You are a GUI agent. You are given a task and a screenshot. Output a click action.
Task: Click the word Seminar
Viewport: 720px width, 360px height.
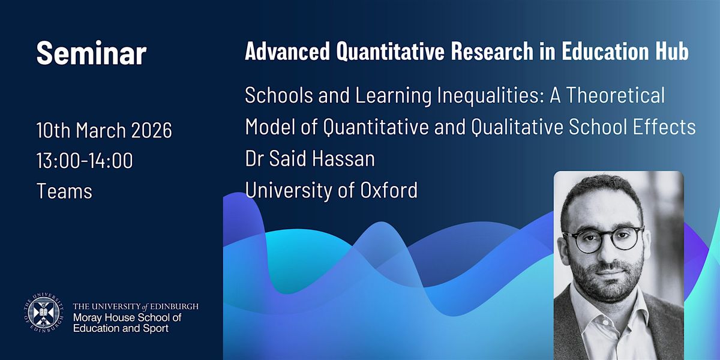click(92, 53)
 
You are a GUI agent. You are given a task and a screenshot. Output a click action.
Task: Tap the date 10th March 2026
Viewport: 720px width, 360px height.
click(104, 130)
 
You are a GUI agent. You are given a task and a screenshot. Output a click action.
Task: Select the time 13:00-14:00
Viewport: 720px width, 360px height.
click(85, 160)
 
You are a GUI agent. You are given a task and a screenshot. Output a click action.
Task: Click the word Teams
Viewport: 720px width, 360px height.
click(64, 191)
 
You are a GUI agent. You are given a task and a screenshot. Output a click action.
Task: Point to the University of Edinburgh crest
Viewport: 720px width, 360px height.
click(43, 313)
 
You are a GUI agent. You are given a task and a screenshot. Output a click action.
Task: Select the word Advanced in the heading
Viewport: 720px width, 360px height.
click(287, 51)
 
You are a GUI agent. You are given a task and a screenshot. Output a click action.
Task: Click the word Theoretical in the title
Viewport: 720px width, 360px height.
click(615, 95)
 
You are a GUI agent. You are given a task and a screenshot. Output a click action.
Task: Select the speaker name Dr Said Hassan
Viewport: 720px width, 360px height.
click(310, 158)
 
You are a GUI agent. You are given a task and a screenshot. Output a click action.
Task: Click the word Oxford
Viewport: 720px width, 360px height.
click(389, 190)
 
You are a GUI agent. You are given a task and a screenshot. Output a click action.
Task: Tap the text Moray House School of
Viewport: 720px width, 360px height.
click(127, 317)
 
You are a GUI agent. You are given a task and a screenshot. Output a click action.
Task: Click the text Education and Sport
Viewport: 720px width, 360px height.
click(121, 329)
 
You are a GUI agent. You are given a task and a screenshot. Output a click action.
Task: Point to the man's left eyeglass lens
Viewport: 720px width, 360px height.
click(625, 238)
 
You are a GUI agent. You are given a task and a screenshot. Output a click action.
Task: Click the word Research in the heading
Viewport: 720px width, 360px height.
click(492, 51)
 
